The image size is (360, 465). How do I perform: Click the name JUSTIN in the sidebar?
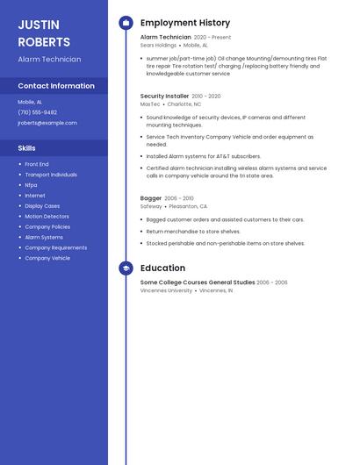tap(39, 24)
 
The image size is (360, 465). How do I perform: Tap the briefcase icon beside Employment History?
tap(126, 23)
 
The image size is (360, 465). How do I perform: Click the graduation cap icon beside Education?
tap(126, 268)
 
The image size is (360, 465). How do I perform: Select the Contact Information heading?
tap(56, 86)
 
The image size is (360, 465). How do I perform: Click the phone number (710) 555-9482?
tap(37, 112)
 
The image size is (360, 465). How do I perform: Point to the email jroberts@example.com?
tap(47, 123)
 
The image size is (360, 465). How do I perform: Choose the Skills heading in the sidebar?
tap(26, 148)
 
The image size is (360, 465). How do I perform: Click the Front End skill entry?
tap(37, 164)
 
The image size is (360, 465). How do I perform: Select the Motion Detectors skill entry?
tap(47, 217)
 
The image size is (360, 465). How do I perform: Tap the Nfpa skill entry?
tap(31, 185)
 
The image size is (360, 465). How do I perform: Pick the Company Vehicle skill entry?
tap(47, 258)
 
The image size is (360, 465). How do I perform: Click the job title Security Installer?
tap(164, 96)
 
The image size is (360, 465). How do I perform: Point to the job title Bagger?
tap(151, 198)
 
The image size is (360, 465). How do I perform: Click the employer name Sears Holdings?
tap(158, 45)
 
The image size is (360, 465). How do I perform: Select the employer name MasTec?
tap(150, 104)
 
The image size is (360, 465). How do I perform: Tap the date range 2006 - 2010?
tap(179, 198)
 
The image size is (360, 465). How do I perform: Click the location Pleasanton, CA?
tap(187, 206)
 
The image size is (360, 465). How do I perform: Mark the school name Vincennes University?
tap(166, 290)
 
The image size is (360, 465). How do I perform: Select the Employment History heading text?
tap(185, 23)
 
